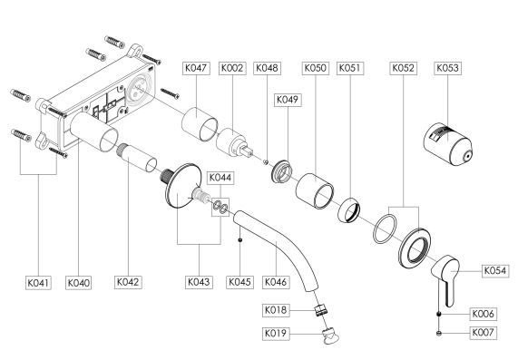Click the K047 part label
coord(196,68)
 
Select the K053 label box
coord(447,68)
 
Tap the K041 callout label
coord(39,283)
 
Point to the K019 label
coord(276,334)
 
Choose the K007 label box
coord(483,332)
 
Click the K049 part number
coord(288,100)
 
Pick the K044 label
coord(220,178)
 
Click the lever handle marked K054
coord(446,279)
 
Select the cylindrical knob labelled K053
coord(447,144)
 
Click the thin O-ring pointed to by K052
coord(385,229)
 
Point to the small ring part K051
coord(349,210)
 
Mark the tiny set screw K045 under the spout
coord(240,239)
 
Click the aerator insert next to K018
coord(320,310)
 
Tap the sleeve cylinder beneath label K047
coord(200,124)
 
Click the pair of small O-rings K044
coord(220,207)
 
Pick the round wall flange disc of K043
coord(183,186)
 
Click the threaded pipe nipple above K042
coord(136,158)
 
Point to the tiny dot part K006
coord(439,314)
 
